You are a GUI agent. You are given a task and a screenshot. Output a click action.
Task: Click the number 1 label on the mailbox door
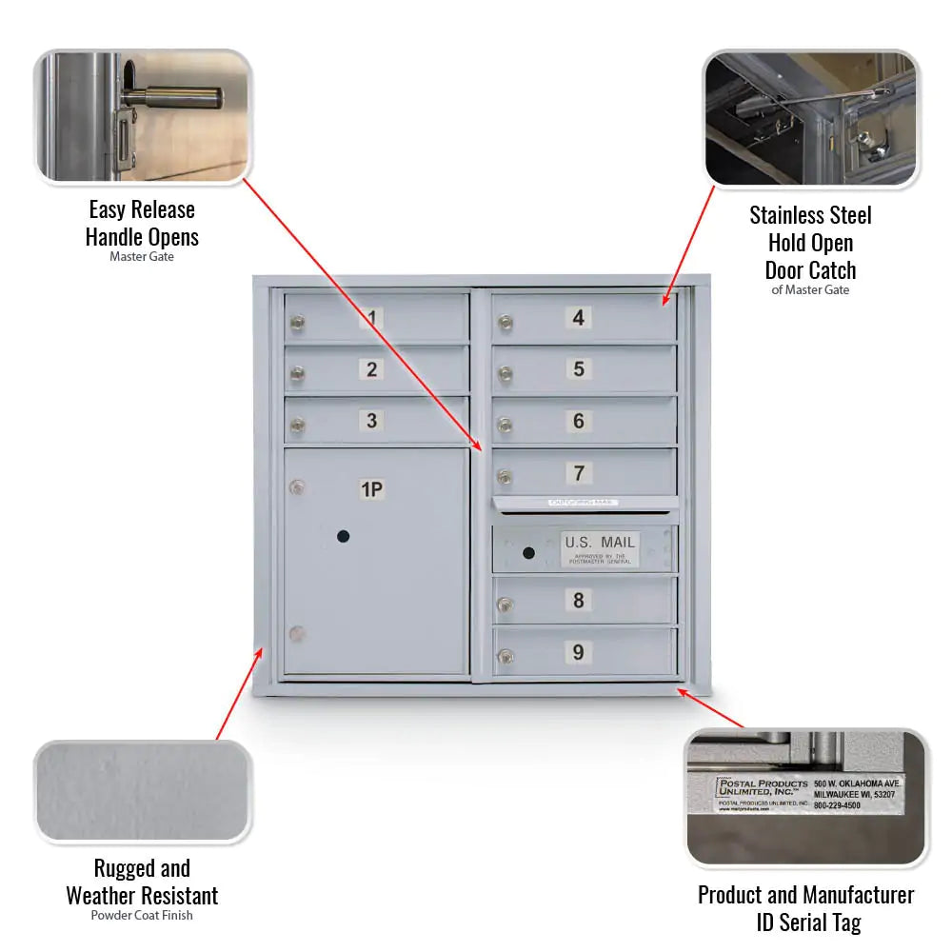[x=372, y=318]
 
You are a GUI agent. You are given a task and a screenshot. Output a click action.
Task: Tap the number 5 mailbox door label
[x=579, y=369]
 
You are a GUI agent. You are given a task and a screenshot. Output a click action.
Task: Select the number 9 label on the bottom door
[x=578, y=653]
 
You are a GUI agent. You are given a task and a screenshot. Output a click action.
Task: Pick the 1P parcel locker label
[x=371, y=490]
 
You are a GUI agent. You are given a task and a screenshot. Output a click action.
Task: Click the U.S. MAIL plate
[x=600, y=549]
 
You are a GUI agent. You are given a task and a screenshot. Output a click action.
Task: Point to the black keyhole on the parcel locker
[x=343, y=537]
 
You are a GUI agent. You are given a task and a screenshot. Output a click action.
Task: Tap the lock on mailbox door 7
[x=506, y=477]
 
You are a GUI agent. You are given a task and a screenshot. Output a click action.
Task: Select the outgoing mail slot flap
[x=585, y=503]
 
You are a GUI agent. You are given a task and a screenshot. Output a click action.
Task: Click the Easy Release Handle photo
[x=143, y=117]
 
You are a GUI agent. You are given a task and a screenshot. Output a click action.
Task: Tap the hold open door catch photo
[x=811, y=118]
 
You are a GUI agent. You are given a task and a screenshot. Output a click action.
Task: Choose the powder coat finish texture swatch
[x=143, y=792]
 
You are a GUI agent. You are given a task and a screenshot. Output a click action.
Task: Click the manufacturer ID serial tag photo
[x=806, y=798]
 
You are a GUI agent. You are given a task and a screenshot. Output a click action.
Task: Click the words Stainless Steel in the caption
[x=810, y=215]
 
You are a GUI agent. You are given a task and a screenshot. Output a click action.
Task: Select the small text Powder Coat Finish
[x=142, y=916]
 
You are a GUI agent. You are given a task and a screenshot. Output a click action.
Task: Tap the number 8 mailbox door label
[x=578, y=601]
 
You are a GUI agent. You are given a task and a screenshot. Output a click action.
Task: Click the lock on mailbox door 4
[x=506, y=324]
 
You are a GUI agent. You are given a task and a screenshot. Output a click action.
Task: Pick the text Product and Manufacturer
[x=805, y=895]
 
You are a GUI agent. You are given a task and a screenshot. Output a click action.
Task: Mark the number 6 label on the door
[x=579, y=421]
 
